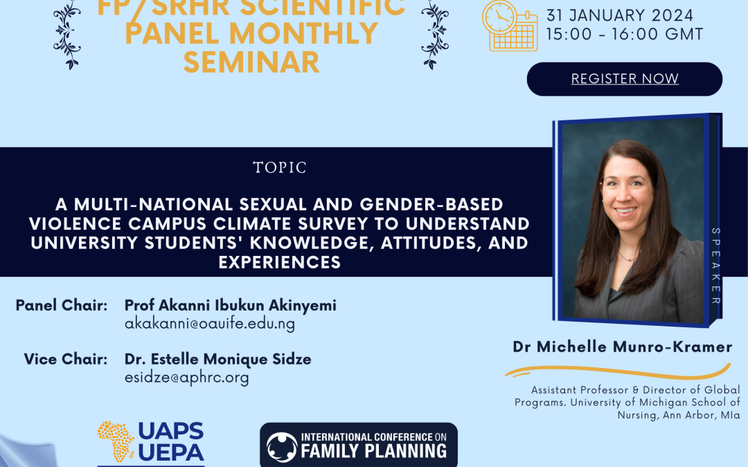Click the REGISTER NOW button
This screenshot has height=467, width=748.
coord(625,79)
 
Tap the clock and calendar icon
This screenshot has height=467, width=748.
coord(510,26)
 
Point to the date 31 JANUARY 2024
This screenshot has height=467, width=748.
coord(620,15)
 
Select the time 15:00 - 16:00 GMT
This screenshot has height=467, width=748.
coord(625,35)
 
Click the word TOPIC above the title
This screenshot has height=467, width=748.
coord(280,167)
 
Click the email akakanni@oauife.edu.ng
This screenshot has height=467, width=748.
coord(210,324)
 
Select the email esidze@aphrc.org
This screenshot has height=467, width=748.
coord(186,378)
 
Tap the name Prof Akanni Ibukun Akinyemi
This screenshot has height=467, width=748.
coord(231,306)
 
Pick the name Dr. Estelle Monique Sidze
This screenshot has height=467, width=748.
coord(218,359)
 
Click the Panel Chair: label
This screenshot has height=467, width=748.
coord(62,306)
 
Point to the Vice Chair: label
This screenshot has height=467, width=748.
coord(66,359)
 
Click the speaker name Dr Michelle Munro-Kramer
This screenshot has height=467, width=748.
coord(623,347)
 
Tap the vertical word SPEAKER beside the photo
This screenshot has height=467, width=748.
coord(715,266)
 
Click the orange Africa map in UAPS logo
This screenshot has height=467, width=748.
coord(116,441)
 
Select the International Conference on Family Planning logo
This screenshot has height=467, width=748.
coord(359,445)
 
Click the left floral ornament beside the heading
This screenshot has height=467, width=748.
coord(67,35)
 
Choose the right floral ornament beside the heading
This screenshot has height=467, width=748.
coord(434,35)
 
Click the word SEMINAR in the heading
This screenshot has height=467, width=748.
coord(251,62)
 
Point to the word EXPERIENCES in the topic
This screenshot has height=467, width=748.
coord(280,262)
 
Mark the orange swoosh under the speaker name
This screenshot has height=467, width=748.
coord(618,370)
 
